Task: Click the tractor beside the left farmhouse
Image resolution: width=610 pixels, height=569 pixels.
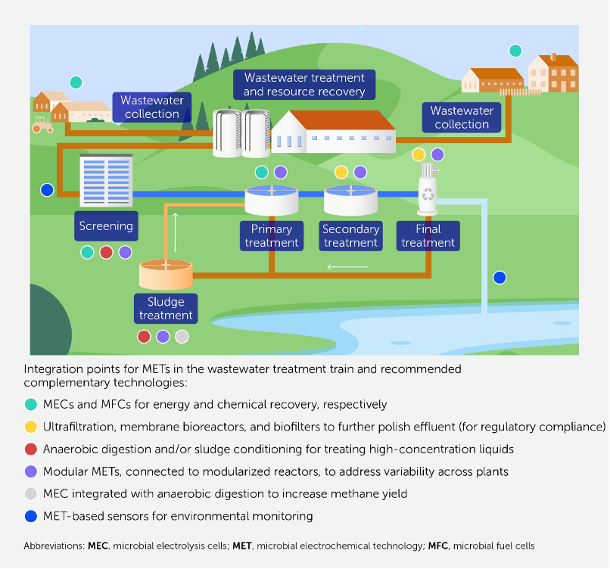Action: point(42,125)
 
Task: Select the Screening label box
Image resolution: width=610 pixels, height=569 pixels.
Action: point(106,225)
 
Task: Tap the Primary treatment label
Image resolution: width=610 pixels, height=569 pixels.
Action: point(272,235)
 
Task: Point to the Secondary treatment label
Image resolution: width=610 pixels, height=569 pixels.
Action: point(350,235)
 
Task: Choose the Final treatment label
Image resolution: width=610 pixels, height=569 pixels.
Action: point(428,235)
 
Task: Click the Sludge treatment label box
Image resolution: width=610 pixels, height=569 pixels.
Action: point(166,308)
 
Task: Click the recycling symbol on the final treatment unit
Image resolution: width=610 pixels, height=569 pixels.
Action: point(429,194)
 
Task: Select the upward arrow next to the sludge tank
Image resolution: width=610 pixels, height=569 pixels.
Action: point(176,232)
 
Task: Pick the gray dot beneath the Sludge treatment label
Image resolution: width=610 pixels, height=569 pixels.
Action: point(182,337)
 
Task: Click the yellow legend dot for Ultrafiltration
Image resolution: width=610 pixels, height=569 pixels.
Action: point(30,427)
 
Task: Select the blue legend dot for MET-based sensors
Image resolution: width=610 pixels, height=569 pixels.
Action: point(30,517)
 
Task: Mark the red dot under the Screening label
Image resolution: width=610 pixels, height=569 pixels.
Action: point(106,252)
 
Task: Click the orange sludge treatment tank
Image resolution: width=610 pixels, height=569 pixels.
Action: point(166,274)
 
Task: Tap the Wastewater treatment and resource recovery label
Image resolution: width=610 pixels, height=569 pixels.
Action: point(303,85)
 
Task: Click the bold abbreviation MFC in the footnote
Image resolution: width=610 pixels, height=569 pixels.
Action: point(438,546)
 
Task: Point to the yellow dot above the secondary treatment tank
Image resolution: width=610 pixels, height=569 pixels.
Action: point(341,173)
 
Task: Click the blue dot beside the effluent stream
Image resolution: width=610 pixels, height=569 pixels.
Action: point(500,278)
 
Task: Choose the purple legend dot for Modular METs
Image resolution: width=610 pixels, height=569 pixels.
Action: point(30,471)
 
